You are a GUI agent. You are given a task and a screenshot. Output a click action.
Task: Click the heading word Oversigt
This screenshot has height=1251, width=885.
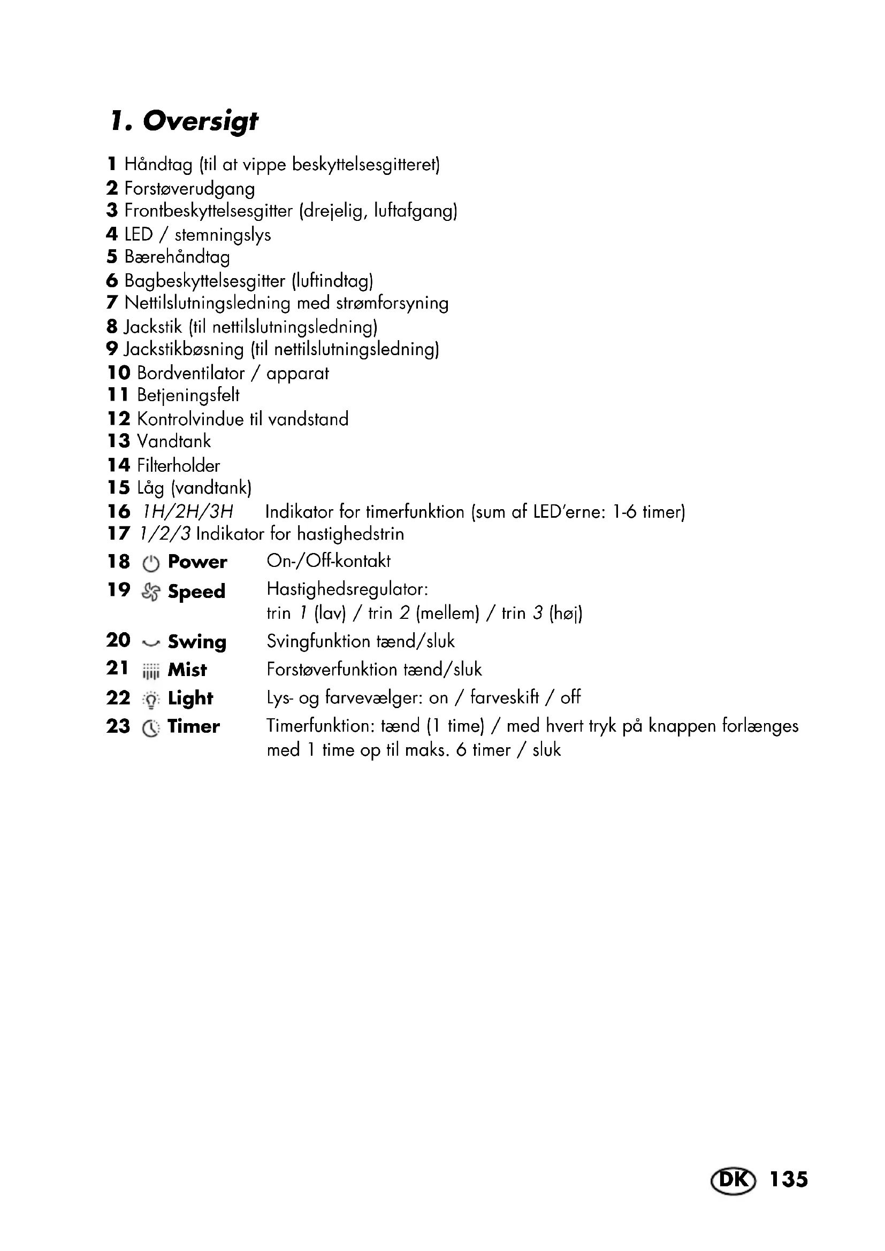point(200,121)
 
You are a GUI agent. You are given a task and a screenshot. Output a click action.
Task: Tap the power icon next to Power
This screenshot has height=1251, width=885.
point(150,563)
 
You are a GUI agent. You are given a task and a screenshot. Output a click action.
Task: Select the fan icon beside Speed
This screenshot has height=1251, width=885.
point(150,592)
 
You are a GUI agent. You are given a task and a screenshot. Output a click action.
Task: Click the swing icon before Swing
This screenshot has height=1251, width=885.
point(150,643)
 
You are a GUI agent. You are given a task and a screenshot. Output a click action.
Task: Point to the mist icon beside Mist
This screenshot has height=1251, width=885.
point(150,671)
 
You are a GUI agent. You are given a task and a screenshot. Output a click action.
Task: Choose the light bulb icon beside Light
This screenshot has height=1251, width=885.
point(150,700)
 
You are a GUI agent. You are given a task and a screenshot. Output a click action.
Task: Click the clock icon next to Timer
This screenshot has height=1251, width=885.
point(150,728)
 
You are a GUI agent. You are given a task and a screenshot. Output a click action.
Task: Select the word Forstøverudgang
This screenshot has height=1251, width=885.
point(189,188)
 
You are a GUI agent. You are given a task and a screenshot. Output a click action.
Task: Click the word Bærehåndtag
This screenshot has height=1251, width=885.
point(177,257)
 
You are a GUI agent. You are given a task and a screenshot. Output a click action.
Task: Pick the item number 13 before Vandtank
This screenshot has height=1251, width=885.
point(118,441)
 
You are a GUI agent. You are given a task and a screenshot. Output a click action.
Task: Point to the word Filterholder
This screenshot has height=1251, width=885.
point(178,465)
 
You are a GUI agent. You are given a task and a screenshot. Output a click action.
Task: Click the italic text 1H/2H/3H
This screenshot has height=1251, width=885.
point(187,512)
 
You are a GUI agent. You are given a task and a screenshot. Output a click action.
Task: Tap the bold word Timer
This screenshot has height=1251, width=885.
point(194,726)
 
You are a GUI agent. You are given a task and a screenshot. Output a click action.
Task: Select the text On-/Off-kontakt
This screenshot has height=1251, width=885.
point(328,561)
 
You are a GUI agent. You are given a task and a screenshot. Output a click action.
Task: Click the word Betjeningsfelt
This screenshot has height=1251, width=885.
point(188,395)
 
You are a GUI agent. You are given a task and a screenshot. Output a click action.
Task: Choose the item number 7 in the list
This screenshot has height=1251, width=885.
point(112,302)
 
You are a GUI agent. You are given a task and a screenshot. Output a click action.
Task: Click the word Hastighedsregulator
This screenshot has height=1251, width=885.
point(347,589)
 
